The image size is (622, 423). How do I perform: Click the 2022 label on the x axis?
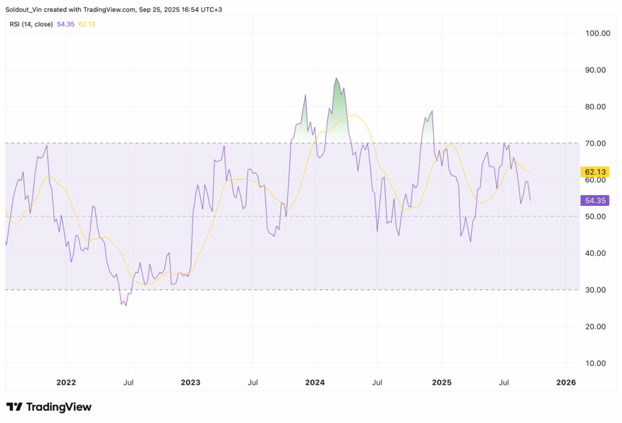point(66,382)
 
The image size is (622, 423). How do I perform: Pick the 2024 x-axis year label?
point(315,382)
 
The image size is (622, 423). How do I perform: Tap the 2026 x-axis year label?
point(566,382)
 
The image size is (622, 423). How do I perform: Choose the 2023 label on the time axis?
point(190,382)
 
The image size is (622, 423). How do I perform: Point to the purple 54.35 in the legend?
point(66,24)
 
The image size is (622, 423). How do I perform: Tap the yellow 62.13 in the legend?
point(87,24)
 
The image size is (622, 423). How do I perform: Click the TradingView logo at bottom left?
point(49,407)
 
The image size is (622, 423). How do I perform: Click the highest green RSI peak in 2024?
point(336,78)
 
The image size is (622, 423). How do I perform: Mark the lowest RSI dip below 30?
point(126,305)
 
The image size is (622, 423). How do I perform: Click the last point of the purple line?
point(530,200)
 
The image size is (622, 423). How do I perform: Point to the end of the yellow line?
point(531,172)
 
